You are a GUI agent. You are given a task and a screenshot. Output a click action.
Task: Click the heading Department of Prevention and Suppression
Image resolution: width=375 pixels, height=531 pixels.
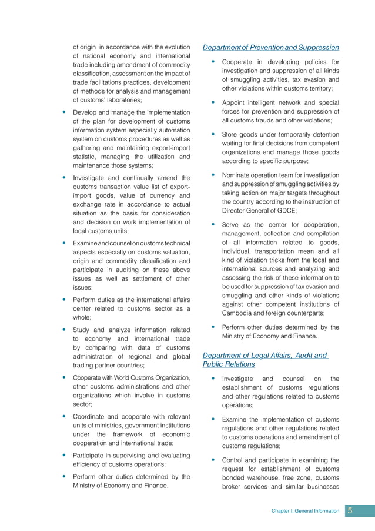(x=271, y=47)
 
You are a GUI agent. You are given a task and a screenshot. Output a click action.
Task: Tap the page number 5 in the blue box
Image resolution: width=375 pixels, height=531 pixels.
(x=350, y=510)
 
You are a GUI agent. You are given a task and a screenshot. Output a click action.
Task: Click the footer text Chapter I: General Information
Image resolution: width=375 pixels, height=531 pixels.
(x=305, y=511)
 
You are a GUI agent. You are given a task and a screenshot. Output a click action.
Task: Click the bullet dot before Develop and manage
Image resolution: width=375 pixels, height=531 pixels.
(x=63, y=112)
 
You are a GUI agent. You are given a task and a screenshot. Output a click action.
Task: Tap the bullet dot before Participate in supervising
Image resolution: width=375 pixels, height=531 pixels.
(x=63, y=456)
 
